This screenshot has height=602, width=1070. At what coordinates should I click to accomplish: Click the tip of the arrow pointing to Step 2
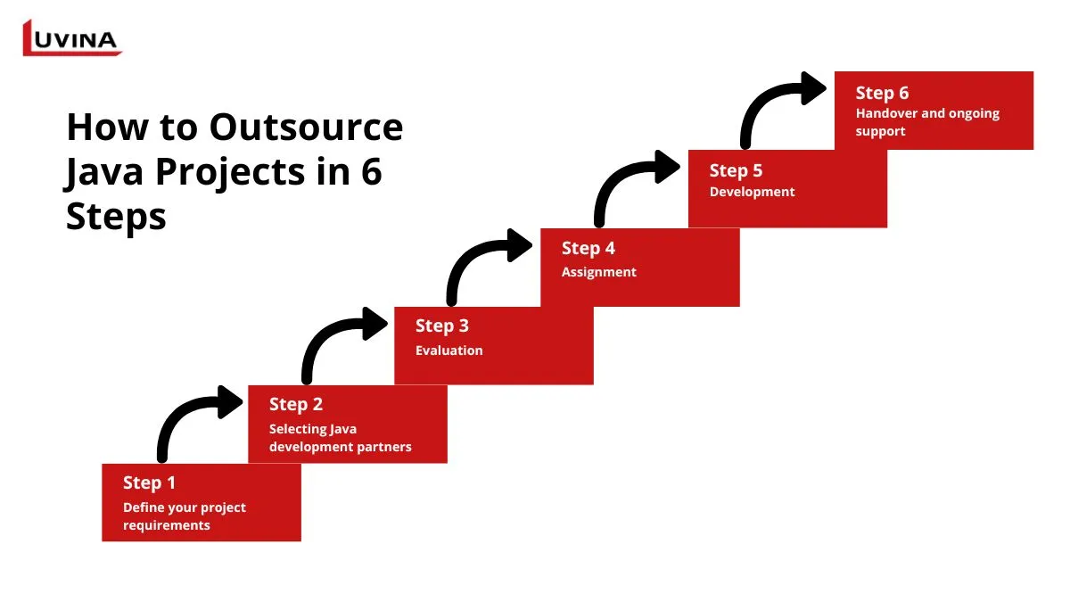(x=243, y=402)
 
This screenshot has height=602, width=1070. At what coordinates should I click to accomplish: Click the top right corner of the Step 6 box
(x=1033, y=71)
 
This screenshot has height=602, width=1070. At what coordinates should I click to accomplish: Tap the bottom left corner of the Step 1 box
(x=103, y=541)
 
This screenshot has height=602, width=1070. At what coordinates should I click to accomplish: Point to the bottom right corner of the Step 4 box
(x=740, y=306)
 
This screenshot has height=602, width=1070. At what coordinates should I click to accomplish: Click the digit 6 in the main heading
(x=372, y=172)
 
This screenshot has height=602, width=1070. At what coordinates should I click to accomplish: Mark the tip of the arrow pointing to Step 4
(x=532, y=245)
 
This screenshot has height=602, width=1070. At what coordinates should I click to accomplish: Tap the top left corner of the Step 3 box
(x=394, y=307)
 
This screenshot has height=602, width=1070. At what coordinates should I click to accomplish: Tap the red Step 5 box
(x=787, y=189)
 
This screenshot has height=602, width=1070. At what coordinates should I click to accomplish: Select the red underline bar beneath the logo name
(x=72, y=53)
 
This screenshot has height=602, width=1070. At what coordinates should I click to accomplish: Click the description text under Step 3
(x=449, y=350)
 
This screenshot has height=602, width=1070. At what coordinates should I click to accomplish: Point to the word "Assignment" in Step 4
(x=599, y=272)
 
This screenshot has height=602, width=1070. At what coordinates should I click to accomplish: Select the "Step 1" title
(x=149, y=483)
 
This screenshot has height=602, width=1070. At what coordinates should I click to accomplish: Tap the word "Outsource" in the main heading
(x=306, y=128)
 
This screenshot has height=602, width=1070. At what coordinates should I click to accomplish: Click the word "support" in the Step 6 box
(x=880, y=131)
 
